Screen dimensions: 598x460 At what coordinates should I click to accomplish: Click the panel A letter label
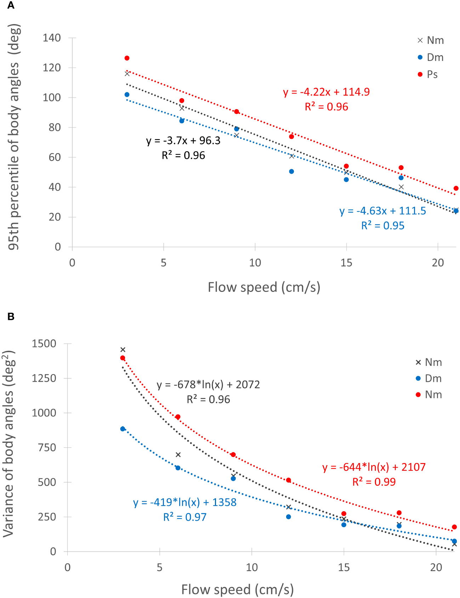click(x=11, y=5)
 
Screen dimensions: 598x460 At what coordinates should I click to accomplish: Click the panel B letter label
click(x=11, y=316)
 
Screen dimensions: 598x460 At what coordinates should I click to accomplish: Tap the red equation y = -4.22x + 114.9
click(x=326, y=92)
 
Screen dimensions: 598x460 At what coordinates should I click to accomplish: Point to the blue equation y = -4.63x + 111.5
click(x=382, y=211)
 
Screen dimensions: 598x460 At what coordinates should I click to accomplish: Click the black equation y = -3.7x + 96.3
click(x=183, y=141)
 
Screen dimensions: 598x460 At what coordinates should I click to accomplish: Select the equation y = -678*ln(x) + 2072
click(x=208, y=384)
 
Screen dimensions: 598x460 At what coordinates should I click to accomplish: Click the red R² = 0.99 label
click(x=374, y=482)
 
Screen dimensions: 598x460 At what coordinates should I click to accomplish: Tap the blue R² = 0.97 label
click(x=184, y=517)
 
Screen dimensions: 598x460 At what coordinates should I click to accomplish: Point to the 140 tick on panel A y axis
click(x=52, y=38)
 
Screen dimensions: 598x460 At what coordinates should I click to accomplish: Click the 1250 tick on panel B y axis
click(x=44, y=378)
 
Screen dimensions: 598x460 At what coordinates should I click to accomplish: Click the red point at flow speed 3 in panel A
click(x=127, y=58)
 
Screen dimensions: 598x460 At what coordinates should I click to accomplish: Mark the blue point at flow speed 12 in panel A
click(x=291, y=171)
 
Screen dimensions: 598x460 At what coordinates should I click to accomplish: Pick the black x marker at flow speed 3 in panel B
click(x=123, y=350)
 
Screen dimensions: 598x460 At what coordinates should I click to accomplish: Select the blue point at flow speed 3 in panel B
click(x=123, y=429)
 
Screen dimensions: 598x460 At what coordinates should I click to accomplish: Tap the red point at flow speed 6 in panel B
click(x=178, y=417)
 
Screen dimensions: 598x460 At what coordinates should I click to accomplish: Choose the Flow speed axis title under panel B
click(x=237, y=589)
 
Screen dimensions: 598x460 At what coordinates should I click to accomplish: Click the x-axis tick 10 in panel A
click(x=255, y=263)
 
